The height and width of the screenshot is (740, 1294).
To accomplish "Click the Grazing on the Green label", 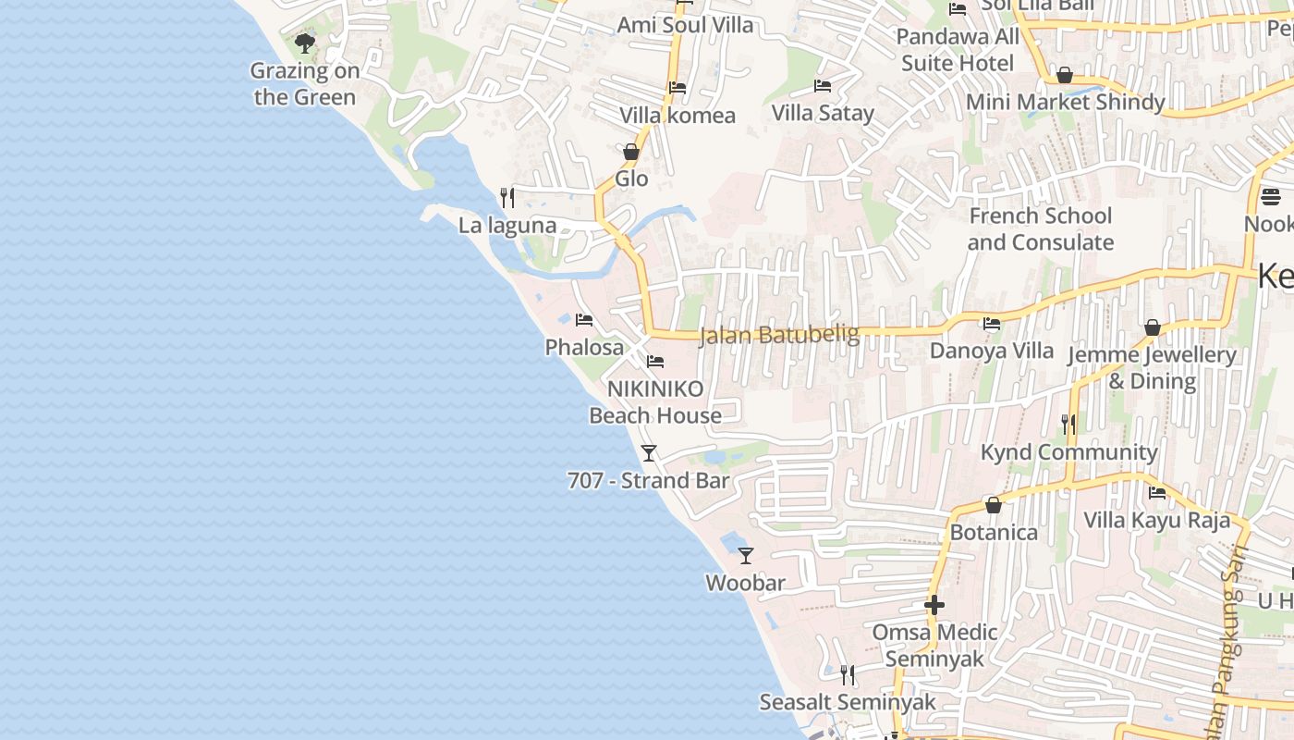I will tap(304, 84).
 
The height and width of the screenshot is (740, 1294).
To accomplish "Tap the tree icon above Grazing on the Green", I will tap(304, 43).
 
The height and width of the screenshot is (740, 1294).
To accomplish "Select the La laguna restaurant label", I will tap(507, 225).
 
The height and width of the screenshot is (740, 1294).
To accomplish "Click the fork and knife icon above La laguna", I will tap(507, 197).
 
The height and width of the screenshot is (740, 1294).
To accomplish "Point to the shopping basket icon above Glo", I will tap(631, 152).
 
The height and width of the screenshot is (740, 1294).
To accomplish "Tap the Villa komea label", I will tap(678, 116).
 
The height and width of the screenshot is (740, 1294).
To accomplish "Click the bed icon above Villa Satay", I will tap(822, 86).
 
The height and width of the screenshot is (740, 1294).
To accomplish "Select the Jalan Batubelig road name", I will tap(779, 334).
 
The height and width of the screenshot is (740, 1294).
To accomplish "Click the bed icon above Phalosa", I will tap(584, 320).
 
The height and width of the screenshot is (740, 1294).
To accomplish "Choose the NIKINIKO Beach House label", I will tap(655, 402).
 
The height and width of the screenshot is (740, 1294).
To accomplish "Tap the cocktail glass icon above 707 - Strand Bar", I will tap(649, 452).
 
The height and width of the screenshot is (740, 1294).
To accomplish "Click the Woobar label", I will tap(745, 583).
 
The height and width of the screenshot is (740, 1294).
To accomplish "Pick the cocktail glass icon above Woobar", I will tap(746, 555).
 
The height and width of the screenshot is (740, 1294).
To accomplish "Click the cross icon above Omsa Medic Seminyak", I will tap(934, 605).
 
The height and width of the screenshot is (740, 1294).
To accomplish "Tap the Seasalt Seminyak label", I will tap(848, 702).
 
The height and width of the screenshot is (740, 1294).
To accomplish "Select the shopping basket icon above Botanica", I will tap(994, 505).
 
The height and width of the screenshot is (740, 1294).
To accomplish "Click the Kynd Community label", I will tap(1068, 452).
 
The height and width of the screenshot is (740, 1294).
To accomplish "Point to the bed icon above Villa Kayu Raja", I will tap(1156, 492).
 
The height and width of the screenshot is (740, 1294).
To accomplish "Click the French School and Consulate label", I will tap(1040, 229).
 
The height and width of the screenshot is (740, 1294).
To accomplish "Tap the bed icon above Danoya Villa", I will tap(992, 324).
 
